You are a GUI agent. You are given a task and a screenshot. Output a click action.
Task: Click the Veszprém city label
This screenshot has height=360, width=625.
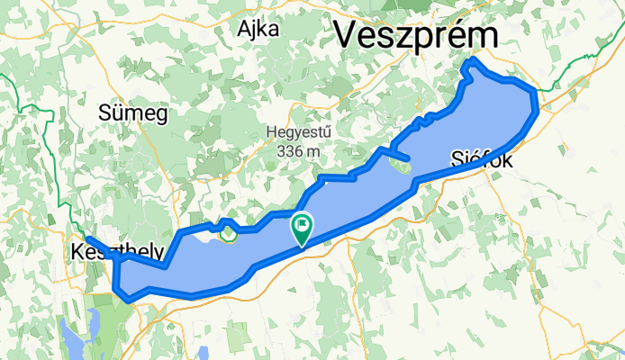417,35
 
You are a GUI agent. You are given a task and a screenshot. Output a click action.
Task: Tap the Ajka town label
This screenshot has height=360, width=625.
258,30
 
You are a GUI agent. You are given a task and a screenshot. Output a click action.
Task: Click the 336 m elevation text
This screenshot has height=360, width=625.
300,150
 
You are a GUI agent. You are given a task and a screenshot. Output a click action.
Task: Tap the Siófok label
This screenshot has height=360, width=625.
481,161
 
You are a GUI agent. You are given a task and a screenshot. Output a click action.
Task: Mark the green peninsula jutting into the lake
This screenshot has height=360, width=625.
401,166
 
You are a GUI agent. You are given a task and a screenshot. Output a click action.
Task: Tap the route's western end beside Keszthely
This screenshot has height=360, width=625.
87,238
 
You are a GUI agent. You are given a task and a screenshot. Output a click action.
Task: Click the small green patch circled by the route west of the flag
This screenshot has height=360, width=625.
229,234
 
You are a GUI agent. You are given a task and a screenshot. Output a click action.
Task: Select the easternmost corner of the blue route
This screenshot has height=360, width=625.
538,106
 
